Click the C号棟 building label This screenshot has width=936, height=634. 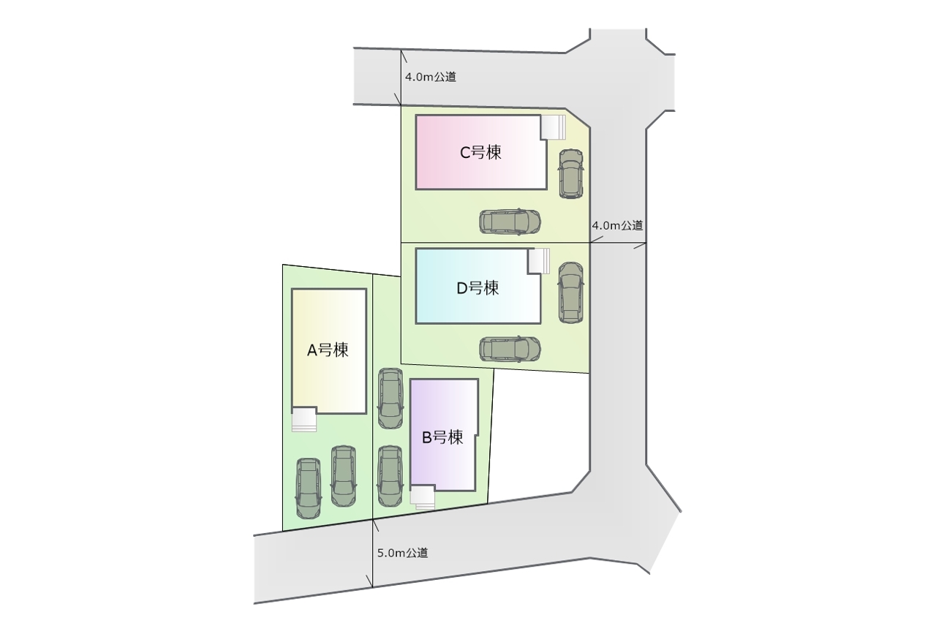pos(480,153)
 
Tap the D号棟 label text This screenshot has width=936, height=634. pos(478,288)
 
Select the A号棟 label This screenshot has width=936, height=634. pos(328,350)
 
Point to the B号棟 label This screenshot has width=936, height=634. pos(442,437)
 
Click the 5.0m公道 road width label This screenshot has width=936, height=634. pos(403,553)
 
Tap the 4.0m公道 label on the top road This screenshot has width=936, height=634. pos(431,77)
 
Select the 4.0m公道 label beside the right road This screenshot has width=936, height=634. pos(617,226)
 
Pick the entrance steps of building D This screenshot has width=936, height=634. pos(539,261)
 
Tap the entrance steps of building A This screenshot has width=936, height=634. pos(303,419)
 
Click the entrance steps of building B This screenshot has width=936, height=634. pos(423,498)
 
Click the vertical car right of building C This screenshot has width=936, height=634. pos(571,173)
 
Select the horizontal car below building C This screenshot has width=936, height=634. pos(510,222)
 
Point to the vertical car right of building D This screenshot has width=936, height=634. pos(571,293)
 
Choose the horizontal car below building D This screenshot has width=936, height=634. pos(510,349)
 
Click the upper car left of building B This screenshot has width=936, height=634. pos(390,399)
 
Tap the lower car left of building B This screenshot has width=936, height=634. pos(390,476)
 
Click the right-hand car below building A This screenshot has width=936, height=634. pos(344,477)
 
